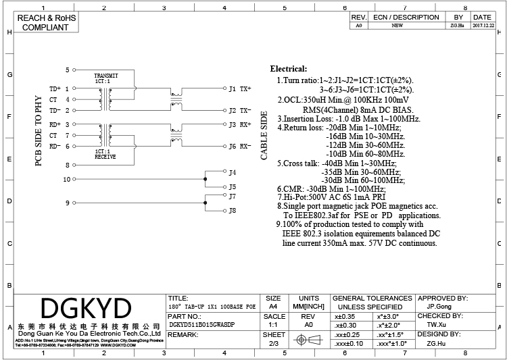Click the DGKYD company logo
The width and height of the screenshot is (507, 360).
(x=85, y=309)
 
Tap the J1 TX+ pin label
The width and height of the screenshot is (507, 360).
(x=240, y=88)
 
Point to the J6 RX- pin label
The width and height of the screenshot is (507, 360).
(x=240, y=146)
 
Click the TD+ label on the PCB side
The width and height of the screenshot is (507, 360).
(x=55, y=88)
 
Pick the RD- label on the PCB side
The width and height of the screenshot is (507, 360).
(x=55, y=146)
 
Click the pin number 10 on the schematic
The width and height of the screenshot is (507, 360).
(x=66, y=180)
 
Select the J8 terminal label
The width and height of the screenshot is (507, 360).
(x=233, y=211)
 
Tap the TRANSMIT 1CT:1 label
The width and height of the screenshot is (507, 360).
(x=105, y=78)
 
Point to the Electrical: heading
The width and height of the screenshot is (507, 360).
(x=289, y=69)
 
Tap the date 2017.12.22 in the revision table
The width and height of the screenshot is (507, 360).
(x=482, y=26)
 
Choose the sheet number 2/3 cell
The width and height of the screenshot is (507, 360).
(x=273, y=344)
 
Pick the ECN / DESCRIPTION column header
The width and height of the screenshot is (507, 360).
(x=406, y=17)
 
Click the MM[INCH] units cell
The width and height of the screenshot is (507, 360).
(x=308, y=306)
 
